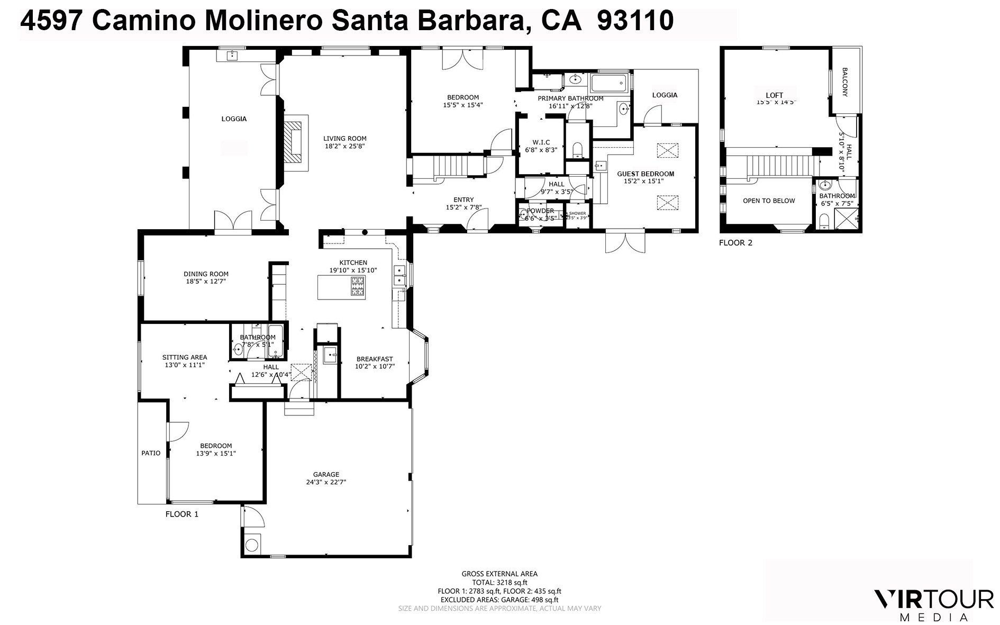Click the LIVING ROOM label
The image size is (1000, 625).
(345, 139)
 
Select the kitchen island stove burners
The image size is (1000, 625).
(358, 287)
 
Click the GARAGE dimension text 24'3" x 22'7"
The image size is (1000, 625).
(325, 482)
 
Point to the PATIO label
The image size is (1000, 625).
(151, 453)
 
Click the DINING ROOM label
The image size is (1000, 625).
(206, 274)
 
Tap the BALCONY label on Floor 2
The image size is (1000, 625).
(845, 81)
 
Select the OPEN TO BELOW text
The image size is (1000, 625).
(769, 201)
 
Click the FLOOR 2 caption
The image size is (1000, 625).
(735, 243)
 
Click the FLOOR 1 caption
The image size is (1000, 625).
(182, 514)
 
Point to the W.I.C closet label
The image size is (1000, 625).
(541, 142)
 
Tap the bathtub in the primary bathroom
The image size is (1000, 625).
(608, 84)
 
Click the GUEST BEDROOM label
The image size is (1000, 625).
(646, 174)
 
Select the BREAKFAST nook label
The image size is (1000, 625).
(375, 359)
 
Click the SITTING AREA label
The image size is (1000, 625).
(185, 357)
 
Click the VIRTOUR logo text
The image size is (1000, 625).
(933, 600)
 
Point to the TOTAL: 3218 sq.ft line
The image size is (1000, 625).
(499, 583)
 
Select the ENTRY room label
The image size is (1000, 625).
(463, 200)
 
